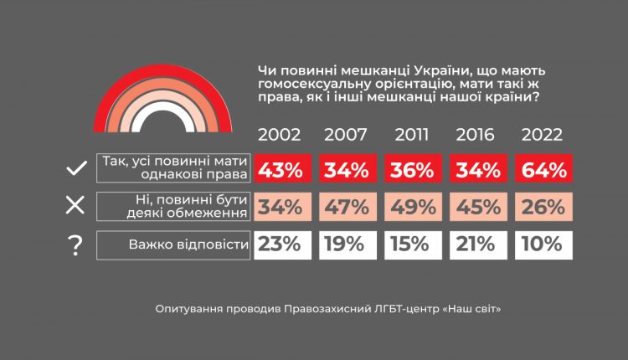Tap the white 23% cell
pyautogui.click(x=281, y=244)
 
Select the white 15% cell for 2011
pyautogui.click(x=410, y=244)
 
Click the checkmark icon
pyautogui.click(x=76, y=169)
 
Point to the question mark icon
pyautogui.click(x=76, y=245)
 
